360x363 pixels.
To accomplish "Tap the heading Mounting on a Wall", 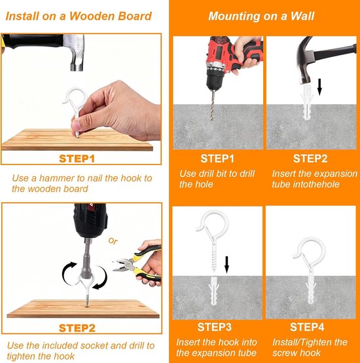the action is point(261,16).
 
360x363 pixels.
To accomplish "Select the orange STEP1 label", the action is point(77,159).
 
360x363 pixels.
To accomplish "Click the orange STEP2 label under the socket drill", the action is point(77,328).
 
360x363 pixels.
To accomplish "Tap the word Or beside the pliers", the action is point(113,241).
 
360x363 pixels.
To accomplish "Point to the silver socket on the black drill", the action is point(86,258).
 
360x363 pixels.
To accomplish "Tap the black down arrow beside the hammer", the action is point(319,87).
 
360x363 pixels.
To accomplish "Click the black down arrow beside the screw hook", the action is point(226,265).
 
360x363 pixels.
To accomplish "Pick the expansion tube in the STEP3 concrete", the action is point(213,291).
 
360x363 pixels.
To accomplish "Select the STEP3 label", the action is point(214,327).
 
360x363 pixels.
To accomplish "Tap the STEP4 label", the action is point(307,327).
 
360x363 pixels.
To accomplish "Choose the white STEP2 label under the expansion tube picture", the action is point(310,159).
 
